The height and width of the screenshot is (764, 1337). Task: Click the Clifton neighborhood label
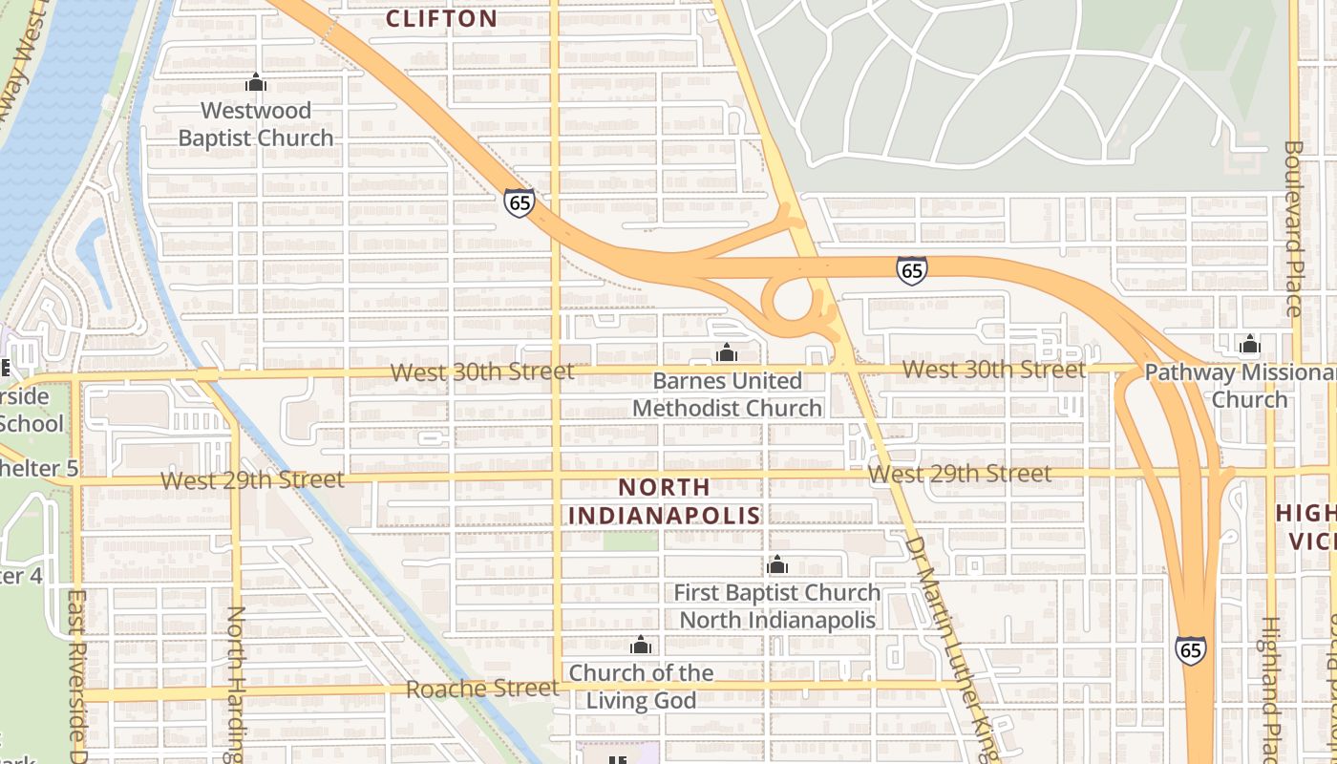[x=441, y=18]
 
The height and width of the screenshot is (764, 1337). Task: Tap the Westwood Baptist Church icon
[x=255, y=83]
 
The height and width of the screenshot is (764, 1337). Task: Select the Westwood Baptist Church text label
[x=256, y=124]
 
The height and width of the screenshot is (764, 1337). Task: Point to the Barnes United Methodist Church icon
[x=727, y=353]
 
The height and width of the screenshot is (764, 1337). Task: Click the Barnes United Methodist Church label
[x=727, y=394]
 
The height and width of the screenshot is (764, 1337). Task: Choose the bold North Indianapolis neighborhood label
[x=665, y=501]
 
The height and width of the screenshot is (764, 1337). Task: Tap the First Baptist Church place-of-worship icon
[x=777, y=565]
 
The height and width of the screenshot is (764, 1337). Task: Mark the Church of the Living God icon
[x=641, y=646]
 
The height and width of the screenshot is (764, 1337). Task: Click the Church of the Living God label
[x=641, y=687]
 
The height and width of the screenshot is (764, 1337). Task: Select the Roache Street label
[x=482, y=689]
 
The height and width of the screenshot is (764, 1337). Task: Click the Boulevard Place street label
[x=1294, y=229]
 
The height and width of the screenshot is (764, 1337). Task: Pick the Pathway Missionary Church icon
[x=1249, y=345]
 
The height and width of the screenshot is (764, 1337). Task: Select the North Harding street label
[x=237, y=683]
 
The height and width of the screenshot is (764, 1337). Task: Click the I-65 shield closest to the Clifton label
[x=520, y=202]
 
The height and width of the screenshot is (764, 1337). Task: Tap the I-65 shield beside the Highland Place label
[x=1190, y=650]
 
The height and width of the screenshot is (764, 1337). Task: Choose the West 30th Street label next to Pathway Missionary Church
[x=993, y=370]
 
